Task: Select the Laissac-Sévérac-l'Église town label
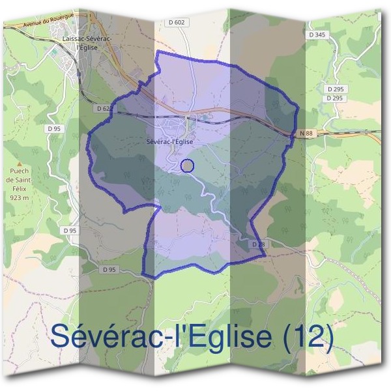(x=87, y=42)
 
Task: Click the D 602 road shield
(x=177, y=22)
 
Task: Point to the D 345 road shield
(x=317, y=34)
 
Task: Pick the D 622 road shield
(x=103, y=108)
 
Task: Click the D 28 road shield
(x=259, y=244)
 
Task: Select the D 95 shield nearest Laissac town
(x=54, y=129)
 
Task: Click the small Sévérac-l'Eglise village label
(x=170, y=141)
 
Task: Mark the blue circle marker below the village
(x=187, y=166)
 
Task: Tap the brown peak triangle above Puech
(x=20, y=166)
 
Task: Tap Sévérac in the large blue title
(x=104, y=337)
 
